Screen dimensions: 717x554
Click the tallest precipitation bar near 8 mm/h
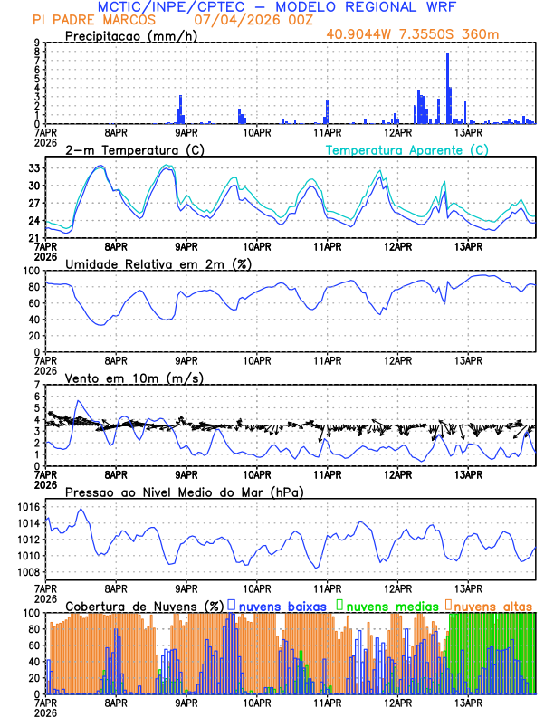[447, 89]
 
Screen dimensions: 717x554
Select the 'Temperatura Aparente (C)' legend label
[406, 149]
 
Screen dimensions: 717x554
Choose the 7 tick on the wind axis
[39, 385]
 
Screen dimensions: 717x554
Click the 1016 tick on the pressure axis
[30, 507]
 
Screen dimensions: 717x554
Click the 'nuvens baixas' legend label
[282, 604]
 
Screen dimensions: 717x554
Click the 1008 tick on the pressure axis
[30, 572]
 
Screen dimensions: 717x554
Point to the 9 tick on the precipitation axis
[39, 43]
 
